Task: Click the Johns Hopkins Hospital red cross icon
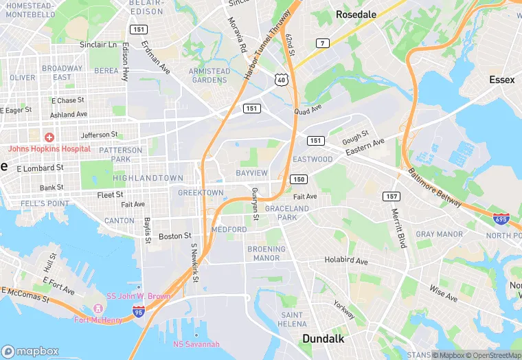49,138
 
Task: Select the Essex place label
501,80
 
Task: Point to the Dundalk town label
324,339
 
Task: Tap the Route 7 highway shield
321,43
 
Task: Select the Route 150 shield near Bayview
298,179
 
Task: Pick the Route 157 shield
391,196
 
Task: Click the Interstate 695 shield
501,219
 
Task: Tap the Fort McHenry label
98,319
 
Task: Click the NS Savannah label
196,344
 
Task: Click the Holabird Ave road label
346,262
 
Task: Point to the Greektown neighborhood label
201,193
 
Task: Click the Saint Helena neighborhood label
292,319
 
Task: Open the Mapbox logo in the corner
30,350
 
